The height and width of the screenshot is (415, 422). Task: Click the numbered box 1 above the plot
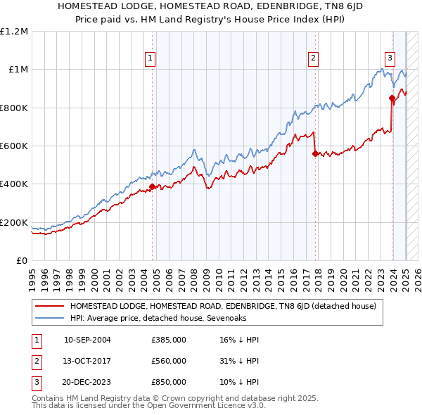151,59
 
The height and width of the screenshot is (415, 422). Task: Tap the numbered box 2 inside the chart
313,59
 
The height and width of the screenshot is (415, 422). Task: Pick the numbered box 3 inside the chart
390,59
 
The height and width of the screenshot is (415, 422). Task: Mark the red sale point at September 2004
152,187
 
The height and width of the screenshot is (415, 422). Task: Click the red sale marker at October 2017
314,153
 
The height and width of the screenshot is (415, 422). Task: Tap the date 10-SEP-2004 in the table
87,340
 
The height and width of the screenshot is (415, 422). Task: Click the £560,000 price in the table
169,361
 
